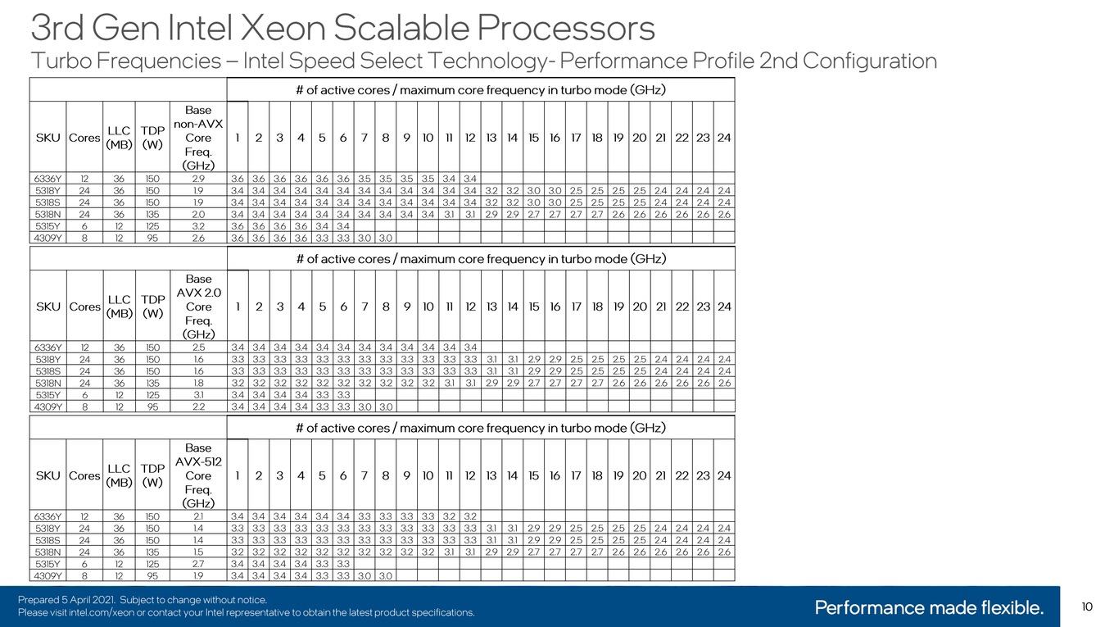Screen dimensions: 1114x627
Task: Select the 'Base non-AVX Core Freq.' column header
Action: click(x=198, y=138)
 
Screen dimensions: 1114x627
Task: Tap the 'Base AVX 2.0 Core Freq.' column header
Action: click(x=198, y=307)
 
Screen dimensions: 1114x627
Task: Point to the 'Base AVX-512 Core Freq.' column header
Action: click(x=198, y=475)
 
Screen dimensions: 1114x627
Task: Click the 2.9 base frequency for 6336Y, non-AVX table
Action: click(x=198, y=179)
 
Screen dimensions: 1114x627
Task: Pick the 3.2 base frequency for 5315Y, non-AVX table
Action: click(x=198, y=226)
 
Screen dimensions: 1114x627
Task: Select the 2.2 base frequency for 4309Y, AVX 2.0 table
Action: click(x=198, y=407)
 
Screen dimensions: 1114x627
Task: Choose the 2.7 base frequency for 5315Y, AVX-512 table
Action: click(x=198, y=564)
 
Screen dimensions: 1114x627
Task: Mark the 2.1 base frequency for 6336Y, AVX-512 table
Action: click(x=198, y=516)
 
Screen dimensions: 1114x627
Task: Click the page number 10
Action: click(x=1087, y=607)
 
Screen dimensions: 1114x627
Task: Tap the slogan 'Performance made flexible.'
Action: click(x=929, y=607)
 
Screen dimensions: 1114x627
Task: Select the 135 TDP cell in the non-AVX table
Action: click(x=152, y=215)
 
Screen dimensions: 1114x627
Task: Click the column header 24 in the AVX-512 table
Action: click(x=724, y=475)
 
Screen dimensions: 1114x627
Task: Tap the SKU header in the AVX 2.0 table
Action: click(x=48, y=307)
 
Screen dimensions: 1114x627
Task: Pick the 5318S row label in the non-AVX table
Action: click(x=48, y=202)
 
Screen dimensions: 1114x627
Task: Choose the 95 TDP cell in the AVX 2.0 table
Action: click(x=152, y=407)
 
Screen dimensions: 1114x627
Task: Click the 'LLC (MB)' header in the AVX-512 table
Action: click(x=119, y=475)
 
